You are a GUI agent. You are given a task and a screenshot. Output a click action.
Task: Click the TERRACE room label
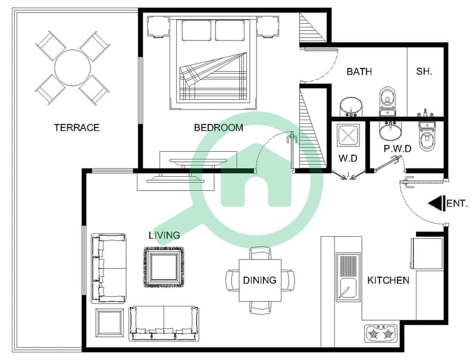click(77, 127)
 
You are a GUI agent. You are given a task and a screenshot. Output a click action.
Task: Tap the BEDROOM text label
click(218, 127)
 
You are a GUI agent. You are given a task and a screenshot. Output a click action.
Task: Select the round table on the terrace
click(72, 68)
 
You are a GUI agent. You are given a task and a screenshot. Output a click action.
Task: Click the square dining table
click(260, 280)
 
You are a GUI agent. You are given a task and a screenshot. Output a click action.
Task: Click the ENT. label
click(457, 204)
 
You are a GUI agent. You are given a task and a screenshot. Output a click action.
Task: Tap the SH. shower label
click(424, 71)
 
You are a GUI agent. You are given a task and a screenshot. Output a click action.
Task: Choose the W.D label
click(348, 158)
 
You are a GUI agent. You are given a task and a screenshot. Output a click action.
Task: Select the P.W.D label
click(397, 149)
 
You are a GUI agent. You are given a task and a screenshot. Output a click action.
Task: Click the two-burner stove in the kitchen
click(381, 334)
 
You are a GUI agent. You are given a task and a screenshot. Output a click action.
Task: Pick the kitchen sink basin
click(348, 289)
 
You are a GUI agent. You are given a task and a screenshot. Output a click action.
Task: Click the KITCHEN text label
click(389, 280)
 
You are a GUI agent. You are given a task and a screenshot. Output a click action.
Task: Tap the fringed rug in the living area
click(164, 267)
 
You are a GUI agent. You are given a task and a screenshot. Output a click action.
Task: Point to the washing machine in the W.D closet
click(348, 135)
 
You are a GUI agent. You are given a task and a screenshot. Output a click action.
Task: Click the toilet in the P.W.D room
click(427, 137)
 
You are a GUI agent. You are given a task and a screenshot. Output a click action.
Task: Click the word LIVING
click(164, 235)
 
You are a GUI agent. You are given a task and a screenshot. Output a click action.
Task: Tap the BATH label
click(359, 71)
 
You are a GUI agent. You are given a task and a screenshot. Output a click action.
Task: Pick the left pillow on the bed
click(196, 30)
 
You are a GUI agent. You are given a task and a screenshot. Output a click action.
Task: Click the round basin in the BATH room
click(351, 107)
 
